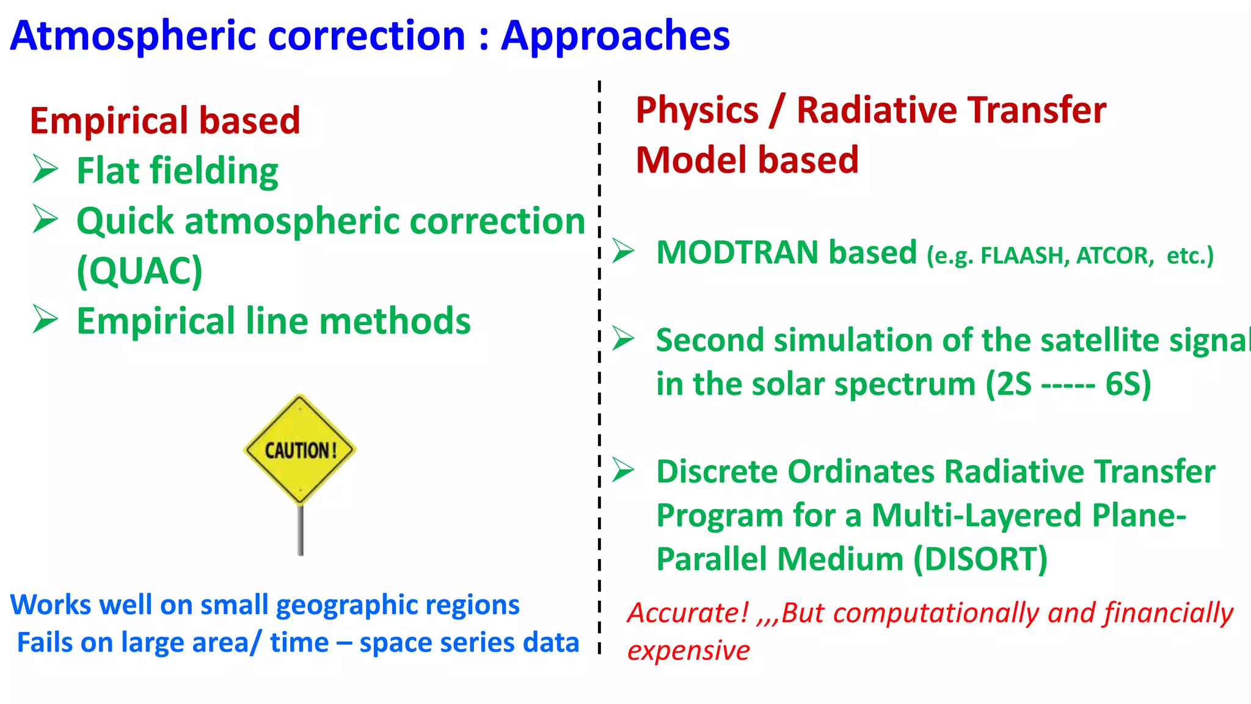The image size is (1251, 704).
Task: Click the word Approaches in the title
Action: point(615,36)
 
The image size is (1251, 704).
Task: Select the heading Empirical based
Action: point(165,120)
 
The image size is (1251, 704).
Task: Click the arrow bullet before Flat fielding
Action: point(45,169)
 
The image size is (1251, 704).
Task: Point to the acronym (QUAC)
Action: point(139,271)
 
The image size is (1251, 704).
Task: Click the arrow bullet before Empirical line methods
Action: point(45,319)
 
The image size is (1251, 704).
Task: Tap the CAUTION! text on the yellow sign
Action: point(300,451)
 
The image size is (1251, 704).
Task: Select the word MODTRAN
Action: point(736,252)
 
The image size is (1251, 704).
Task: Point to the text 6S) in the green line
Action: point(1128,384)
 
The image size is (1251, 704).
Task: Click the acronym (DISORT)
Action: point(980,559)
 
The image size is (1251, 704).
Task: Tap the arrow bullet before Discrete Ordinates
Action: point(624,470)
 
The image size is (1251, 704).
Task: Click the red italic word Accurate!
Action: point(688,613)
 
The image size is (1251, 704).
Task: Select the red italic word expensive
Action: point(688,651)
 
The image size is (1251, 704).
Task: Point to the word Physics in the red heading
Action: point(696,111)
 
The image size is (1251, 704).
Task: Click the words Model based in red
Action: point(746,160)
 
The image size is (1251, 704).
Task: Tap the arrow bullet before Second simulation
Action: point(624,338)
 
